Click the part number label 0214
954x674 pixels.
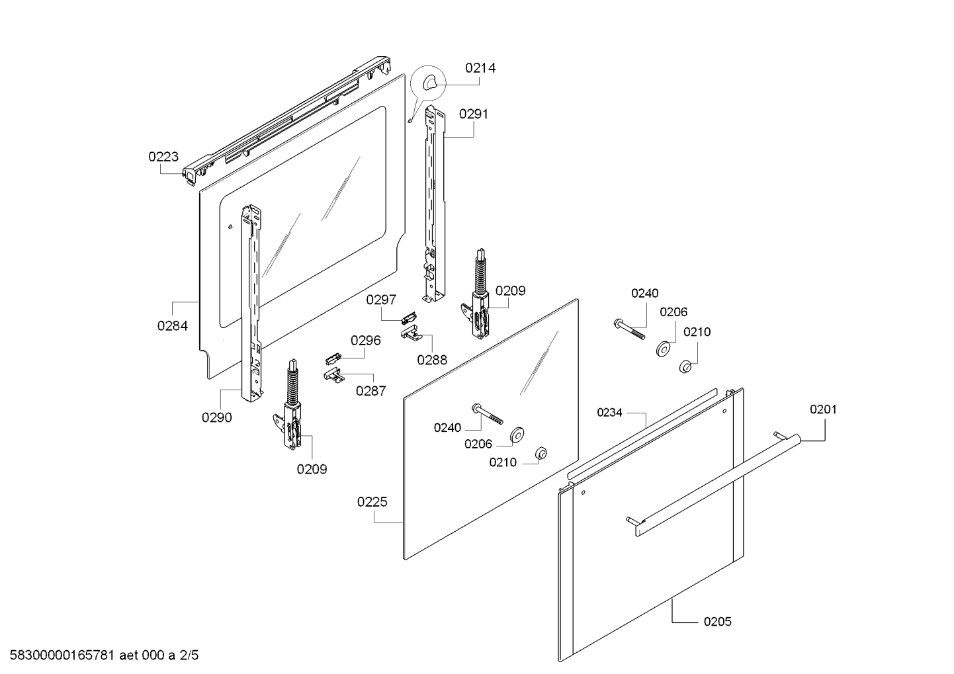pyautogui.click(x=480, y=68)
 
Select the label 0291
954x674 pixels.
pyautogui.click(x=474, y=114)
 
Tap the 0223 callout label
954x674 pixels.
pyautogui.click(x=163, y=157)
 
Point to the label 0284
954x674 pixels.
pyautogui.click(x=173, y=325)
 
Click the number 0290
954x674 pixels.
pyautogui.click(x=217, y=417)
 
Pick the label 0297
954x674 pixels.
pyautogui.click(x=381, y=300)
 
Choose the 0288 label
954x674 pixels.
pyautogui.click(x=432, y=360)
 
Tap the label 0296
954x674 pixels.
pyautogui.click(x=365, y=340)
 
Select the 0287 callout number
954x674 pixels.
pyautogui.click(x=371, y=391)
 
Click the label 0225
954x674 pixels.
pyautogui.click(x=372, y=502)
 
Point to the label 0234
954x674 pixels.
pyautogui.click(x=609, y=412)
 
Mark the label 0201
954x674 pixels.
pyautogui.click(x=823, y=409)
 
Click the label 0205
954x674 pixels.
pyautogui.click(x=718, y=622)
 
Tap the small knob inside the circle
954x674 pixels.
pyautogui.click(x=429, y=83)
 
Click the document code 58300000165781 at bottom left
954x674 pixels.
pyautogui.click(x=62, y=655)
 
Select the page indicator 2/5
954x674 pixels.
pyautogui.click(x=189, y=655)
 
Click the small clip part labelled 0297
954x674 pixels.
pyautogui.click(x=410, y=317)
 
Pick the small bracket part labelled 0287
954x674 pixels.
pyautogui.click(x=333, y=374)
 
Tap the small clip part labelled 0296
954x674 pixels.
pyautogui.click(x=333, y=358)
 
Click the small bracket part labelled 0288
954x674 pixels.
pyautogui.click(x=411, y=333)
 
